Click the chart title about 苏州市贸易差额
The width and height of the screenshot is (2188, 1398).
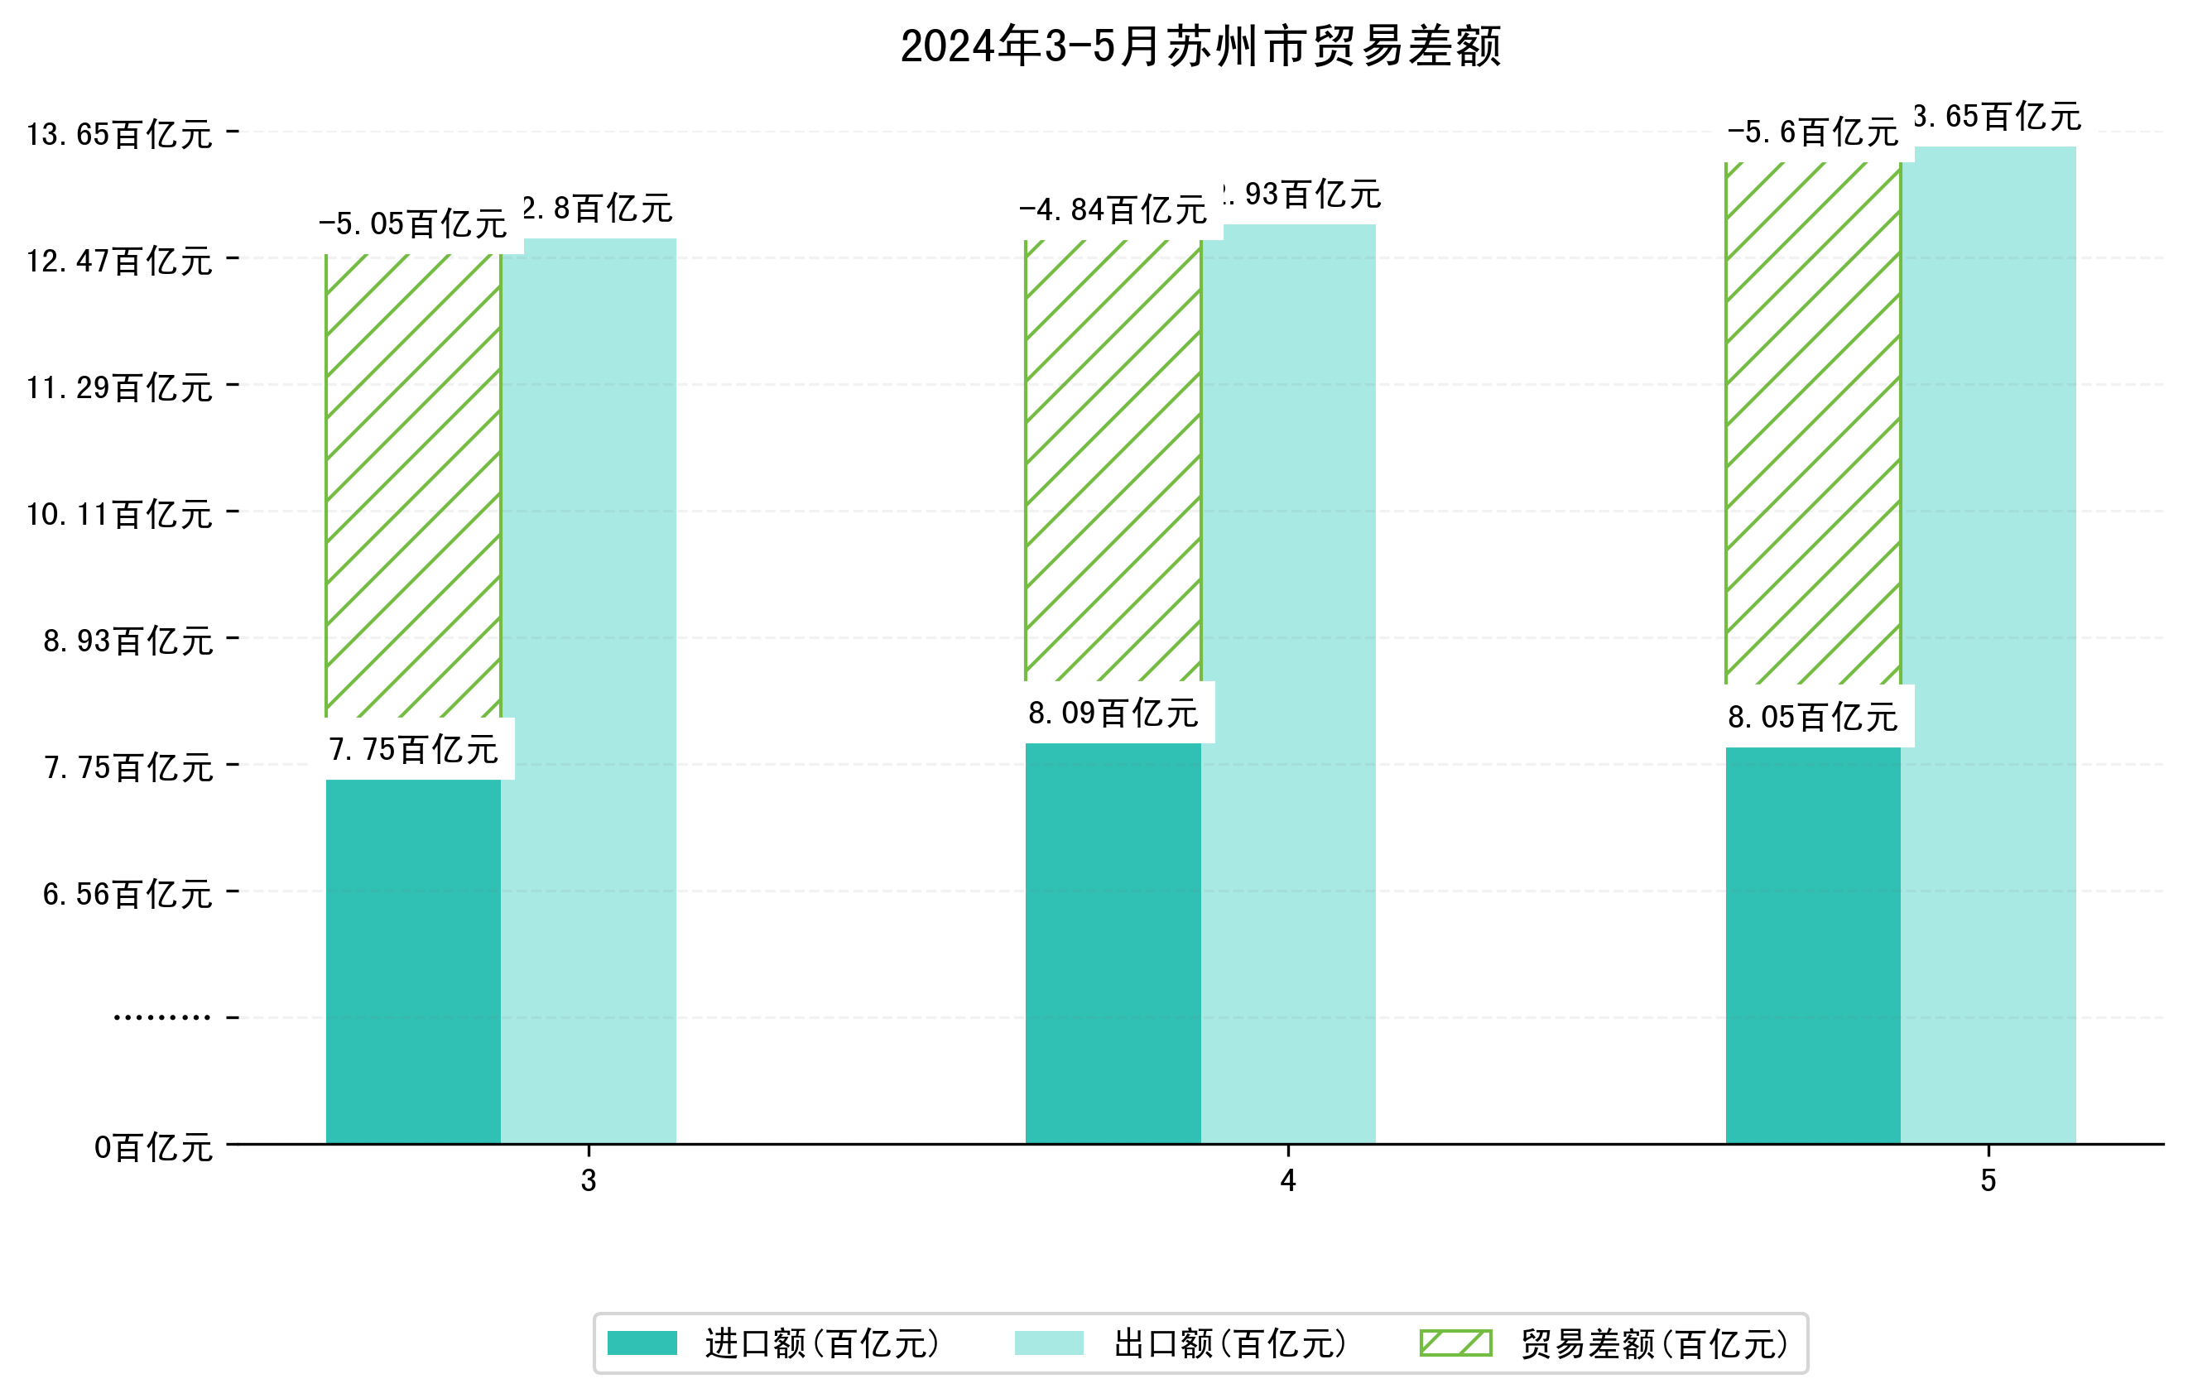click(x=1200, y=46)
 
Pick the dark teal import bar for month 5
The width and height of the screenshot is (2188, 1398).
click(x=1813, y=944)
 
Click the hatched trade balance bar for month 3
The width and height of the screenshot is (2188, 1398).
click(x=413, y=486)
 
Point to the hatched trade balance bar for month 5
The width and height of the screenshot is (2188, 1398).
click(x=1813, y=423)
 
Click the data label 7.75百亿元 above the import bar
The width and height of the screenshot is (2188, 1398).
click(x=413, y=749)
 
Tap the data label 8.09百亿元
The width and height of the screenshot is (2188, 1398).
click(x=1113, y=713)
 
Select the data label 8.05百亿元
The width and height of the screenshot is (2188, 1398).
click(x=1813, y=718)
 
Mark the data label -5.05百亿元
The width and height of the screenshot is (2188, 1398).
click(x=413, y=223)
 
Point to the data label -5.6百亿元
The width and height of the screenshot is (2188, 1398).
click(x=1813, y=132)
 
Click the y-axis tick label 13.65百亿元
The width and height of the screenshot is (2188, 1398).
click(x=119, y=134)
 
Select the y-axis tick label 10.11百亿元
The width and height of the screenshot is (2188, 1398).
click(x=119, y=514)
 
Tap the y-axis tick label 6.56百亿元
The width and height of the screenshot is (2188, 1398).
click(x=127, y=895)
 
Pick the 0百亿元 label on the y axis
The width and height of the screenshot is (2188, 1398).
click(x=152, y=1148)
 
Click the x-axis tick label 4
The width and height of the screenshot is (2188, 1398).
click(x=1287, y=1181)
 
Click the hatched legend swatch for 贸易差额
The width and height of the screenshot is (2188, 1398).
click(x=1455, y=1343)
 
